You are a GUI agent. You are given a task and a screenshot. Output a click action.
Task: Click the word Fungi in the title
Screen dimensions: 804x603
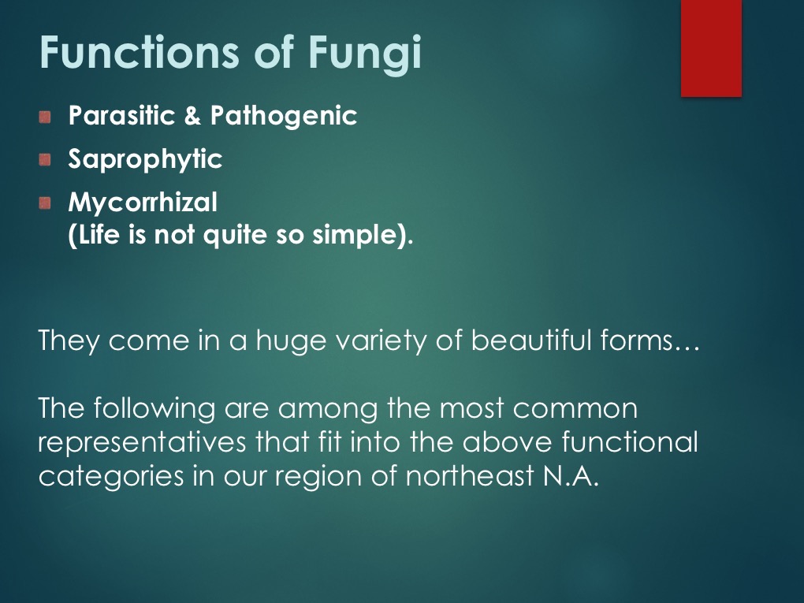(x=365, y=53)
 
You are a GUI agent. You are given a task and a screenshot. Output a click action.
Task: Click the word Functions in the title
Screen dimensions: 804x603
(x=139, y=52)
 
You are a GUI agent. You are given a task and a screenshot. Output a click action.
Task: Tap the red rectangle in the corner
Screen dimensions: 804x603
(x=711, y=48)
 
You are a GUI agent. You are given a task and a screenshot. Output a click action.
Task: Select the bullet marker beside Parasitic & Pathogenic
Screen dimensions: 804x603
(x=45, y=117)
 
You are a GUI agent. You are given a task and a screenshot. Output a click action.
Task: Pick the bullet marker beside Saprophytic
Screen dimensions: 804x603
(x=45, y=160)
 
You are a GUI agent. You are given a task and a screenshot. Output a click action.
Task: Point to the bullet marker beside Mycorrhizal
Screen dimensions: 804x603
(x=45, y=203)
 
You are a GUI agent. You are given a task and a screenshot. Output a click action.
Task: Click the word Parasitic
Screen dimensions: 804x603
(x=121, y=115)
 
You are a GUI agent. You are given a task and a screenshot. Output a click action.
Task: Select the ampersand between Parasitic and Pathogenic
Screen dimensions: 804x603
(x=192, y=115)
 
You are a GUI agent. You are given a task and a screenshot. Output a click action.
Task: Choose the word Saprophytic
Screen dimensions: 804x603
(x=145, y=159)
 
